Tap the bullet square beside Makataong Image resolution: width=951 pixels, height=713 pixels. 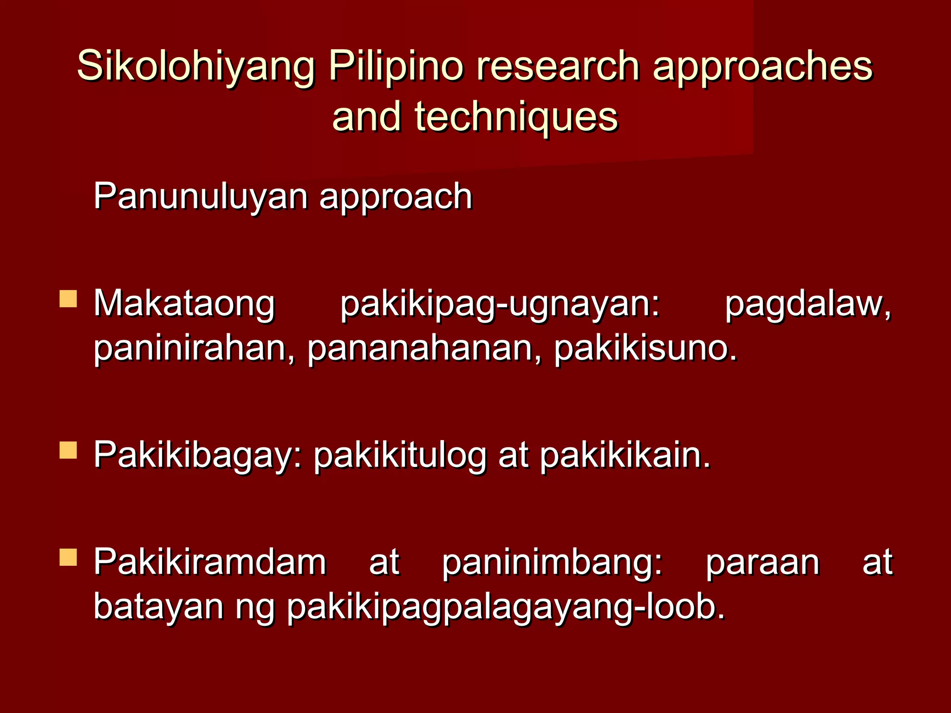point(68,299)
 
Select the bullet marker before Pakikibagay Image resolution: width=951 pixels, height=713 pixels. point(68,450)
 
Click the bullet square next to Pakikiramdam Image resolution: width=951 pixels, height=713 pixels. point(68,557)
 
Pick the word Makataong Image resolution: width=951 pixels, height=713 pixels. point(184,305)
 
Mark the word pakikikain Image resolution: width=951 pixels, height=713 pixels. point(625,455)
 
